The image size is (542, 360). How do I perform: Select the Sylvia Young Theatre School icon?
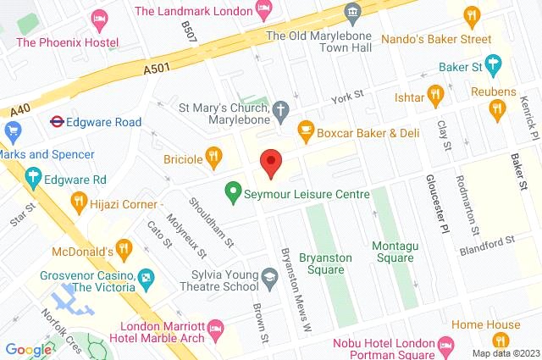point(269,277)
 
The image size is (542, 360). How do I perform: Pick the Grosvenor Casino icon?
point(147,277)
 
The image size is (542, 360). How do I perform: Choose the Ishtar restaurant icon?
point(436,94)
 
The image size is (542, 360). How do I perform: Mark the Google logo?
point(29,349)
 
